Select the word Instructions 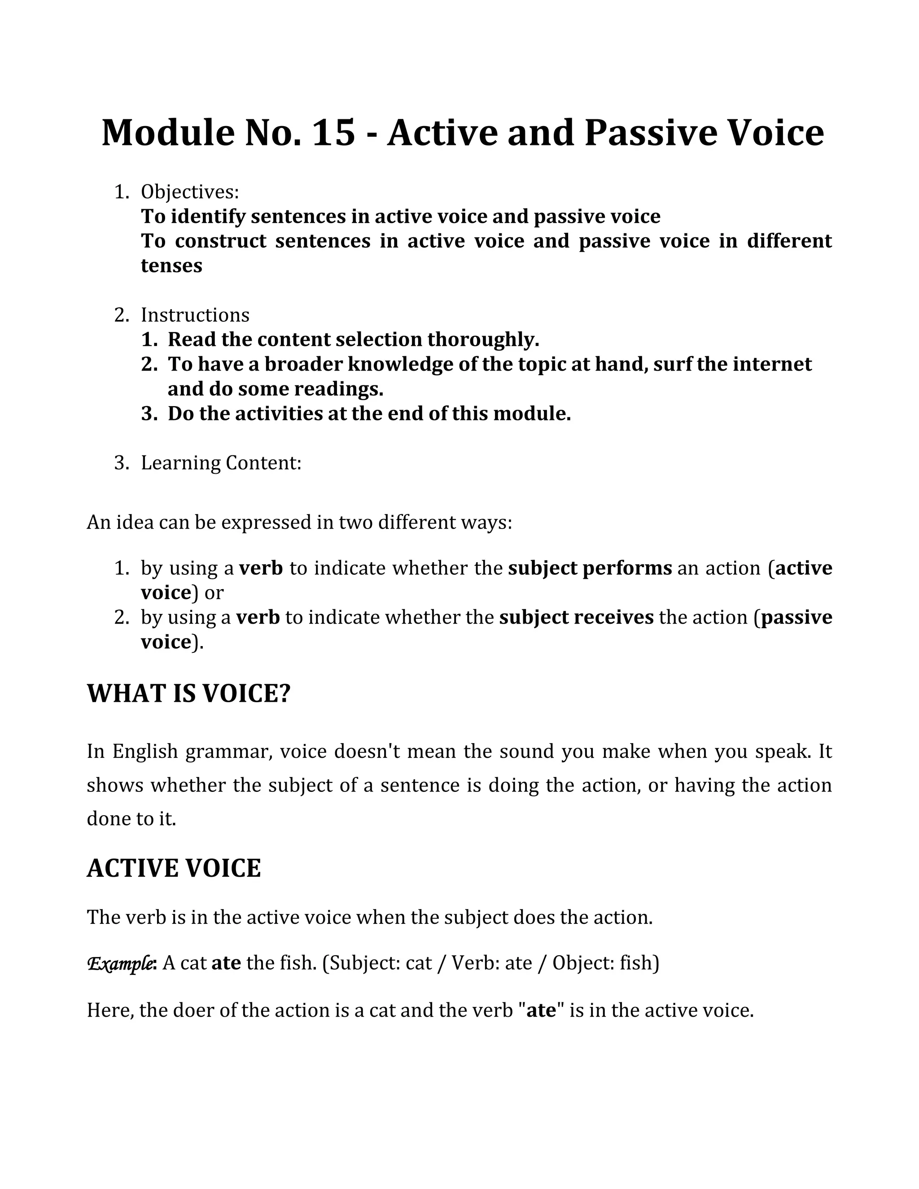(x=195, y=315)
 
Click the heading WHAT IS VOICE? (x=189, y=694)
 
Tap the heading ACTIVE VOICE (x=174, y=868)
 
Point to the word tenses (x=171, y=266)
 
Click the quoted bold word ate (x=541, y=1010)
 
